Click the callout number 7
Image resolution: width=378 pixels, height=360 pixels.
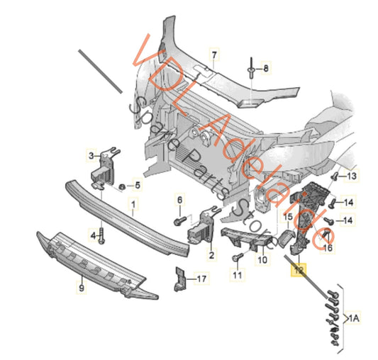[x=215, y=54]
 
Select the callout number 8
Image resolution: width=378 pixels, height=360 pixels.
[x=267, y=69]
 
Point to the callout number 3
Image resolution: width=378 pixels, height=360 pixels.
[x=91, y=155]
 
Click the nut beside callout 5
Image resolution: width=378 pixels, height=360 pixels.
[x=121, y=186]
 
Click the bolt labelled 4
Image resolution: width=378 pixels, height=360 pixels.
[x=102, y=235]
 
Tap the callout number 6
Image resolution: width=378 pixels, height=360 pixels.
[x=179, y=200]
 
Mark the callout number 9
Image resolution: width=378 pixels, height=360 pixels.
[x=81, y=288]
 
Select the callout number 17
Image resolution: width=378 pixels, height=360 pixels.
[x=201, y=279]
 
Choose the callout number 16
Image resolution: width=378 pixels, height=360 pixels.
[x=328, y=247]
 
